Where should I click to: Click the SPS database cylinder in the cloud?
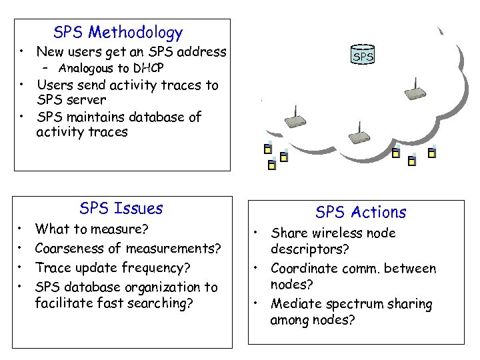click(363, 56)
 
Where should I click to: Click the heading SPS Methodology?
click(118, 32)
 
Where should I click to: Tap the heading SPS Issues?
click(121, 208)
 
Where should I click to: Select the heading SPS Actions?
click(361, 212)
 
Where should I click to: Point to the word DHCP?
click(148, 68)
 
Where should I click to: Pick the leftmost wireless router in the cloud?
click(294, 122)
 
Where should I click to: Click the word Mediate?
click(294, 305)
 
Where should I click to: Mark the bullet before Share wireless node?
click(255, 233)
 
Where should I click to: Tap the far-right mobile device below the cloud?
click(432, 153)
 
